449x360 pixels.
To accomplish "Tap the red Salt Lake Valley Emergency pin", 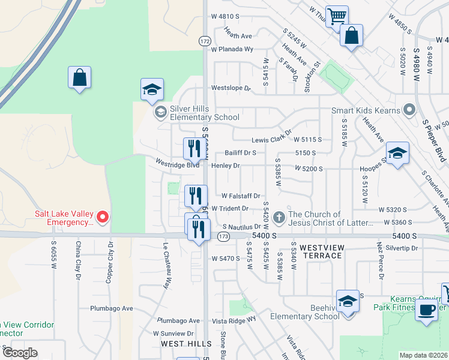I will coord(103,217).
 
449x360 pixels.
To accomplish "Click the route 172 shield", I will coord(205,41).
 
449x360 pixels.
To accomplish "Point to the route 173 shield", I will coord(223,237).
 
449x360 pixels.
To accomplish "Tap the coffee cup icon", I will coord(426,311).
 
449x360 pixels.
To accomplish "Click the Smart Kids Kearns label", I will coord(367,111).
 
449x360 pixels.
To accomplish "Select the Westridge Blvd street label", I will coord(176,164).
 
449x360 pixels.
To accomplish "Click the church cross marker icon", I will coord(279,216).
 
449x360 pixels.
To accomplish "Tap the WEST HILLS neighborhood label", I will coord(186,344).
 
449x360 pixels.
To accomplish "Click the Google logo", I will coord(20,353).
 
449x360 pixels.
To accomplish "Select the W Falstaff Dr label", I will coord(240,196).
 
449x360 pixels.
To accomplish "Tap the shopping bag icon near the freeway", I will coord(79,78).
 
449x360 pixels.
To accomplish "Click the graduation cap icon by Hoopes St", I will coord(397,154).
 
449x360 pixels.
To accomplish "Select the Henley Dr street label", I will coord(225,166).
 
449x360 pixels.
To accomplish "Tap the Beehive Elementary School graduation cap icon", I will coord(348,302).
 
